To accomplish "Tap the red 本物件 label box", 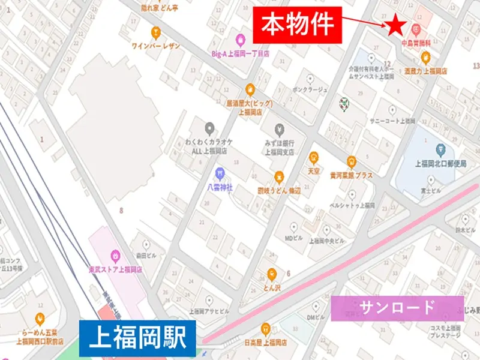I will pyautogui.click(x=297, y=25).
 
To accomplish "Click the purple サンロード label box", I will pyautogui.click(x=397, y=308).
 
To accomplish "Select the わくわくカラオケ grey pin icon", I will pyautogui.click(x=209, y=128).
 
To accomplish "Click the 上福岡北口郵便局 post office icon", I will pyautogui.click(x=440, y=148).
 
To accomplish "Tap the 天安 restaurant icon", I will pyautogui.click(x=313, y=158).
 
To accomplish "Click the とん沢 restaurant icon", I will pyautogui.click(x=272, y=274).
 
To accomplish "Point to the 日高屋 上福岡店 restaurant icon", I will pyautogui.click(x=266, y=328).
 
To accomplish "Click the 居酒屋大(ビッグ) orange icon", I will pyautogui.click(x=251, y=91).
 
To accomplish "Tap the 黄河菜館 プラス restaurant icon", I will pyautogui.click(x=351, y=161).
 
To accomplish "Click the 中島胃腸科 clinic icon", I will pyautogui.click(x=416, y=28).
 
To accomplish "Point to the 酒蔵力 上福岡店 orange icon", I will pyautogui.click(x=425, y=58).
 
